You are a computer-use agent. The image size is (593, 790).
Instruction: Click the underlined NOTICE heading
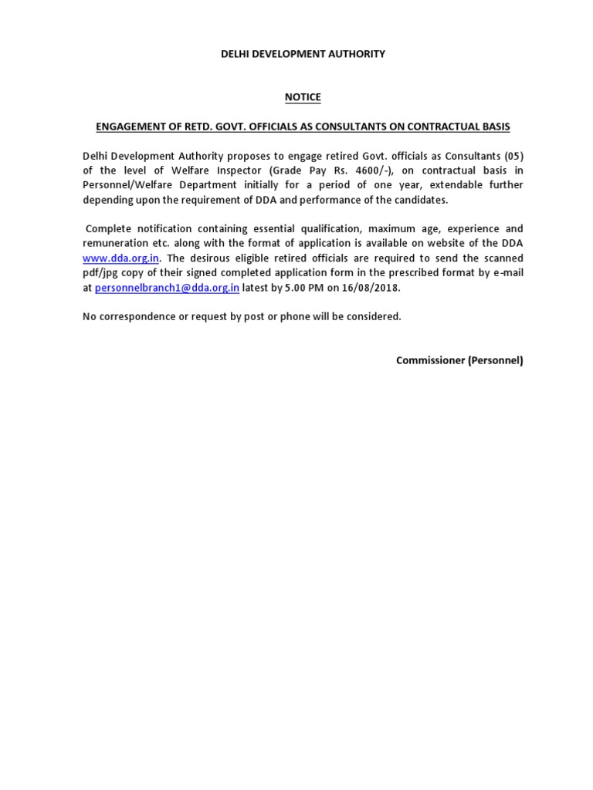click(x=302, y=97)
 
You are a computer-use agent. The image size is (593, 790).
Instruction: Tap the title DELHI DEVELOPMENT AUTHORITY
click(x=302, y=54)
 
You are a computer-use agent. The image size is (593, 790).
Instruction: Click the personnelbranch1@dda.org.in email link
click(x=167, y=288)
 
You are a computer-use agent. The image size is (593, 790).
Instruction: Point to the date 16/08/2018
click(x=374, y=288)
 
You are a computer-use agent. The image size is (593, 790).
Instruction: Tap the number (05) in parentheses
click(x=512, y=156)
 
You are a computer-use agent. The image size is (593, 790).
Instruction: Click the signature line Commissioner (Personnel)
click(x=459, y=360)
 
